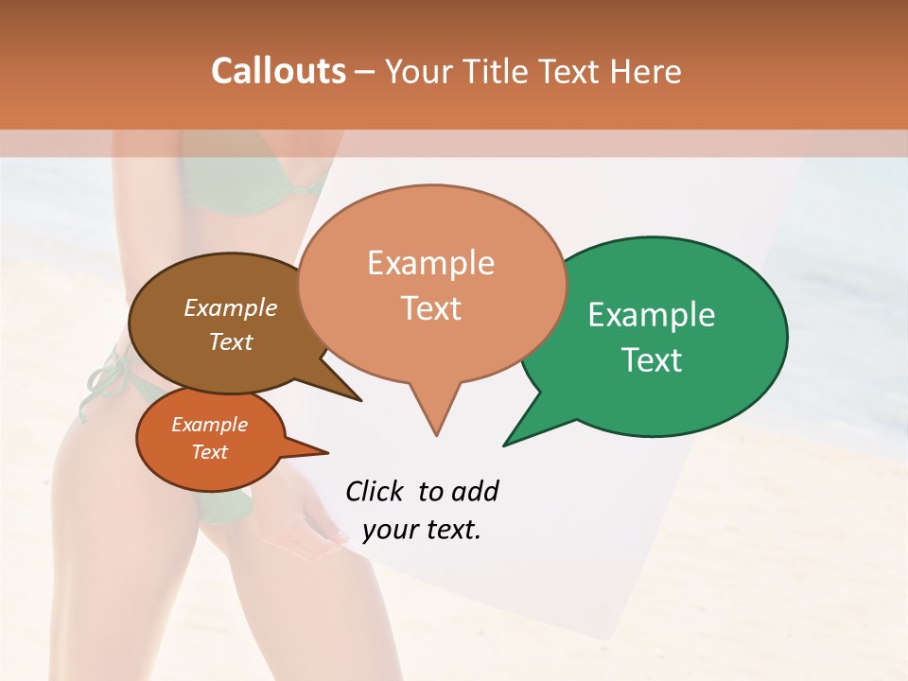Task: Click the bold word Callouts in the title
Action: click(x=278, y=71)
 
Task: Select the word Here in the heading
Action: click(x=646, y=71)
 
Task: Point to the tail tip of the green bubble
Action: click(x=505, y=444)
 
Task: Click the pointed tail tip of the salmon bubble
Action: click(x=436, y=434)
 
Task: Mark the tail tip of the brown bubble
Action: click(x=359, y=400)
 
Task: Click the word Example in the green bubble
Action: click(x=651, y=315)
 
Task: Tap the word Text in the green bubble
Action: click(x=652, y=359)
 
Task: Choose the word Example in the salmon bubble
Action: click(x=430, y=263)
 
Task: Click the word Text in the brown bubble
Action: click(x=231, y=341)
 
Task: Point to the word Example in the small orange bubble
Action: click(x=209, y=425)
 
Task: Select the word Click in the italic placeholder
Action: click(x=375, y=491)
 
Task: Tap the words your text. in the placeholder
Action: click(x=421, y=530)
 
